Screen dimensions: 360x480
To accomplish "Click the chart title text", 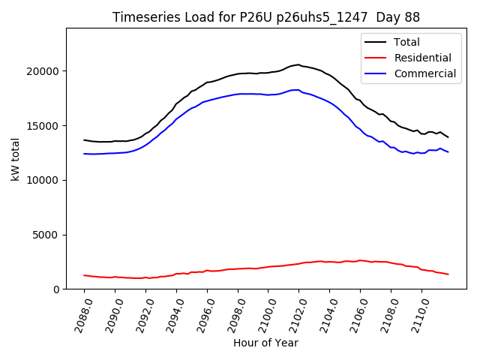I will (266, 17).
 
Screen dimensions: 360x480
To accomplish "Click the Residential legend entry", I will (423, 58).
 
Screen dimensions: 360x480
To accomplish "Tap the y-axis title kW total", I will (15, 159).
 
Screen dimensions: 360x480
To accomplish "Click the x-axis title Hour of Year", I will (265, 343).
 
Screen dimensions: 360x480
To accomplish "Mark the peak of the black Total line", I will (298, 64).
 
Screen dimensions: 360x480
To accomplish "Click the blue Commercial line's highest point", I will (298, 90).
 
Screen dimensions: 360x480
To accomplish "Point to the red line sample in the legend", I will (375, 58).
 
